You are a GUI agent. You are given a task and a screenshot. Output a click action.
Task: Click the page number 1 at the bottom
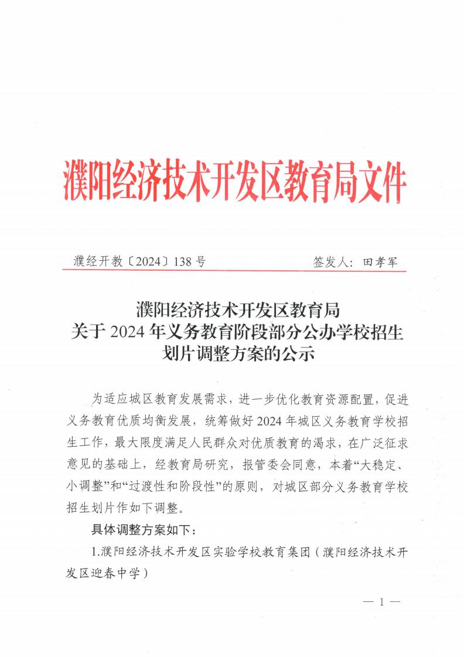380,602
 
